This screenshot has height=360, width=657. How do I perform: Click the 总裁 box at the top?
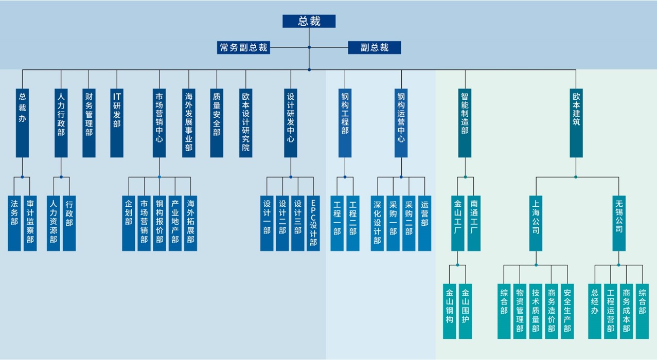click(309, 21)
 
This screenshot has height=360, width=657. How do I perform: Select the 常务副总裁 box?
click(243, 48)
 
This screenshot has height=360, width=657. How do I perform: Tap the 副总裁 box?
click(374, 48)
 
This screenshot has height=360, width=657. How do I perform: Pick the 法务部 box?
click(14, 223)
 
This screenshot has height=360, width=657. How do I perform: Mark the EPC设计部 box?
click(313, 223)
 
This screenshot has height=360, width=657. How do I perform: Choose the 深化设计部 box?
click(377, 223)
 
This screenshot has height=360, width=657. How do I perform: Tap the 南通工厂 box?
click(474, 223)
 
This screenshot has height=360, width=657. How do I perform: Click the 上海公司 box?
click(536, 223)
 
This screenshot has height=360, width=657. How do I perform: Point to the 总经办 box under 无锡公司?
click(595, 311)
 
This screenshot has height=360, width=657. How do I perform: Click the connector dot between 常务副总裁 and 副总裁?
click(309, 47)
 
